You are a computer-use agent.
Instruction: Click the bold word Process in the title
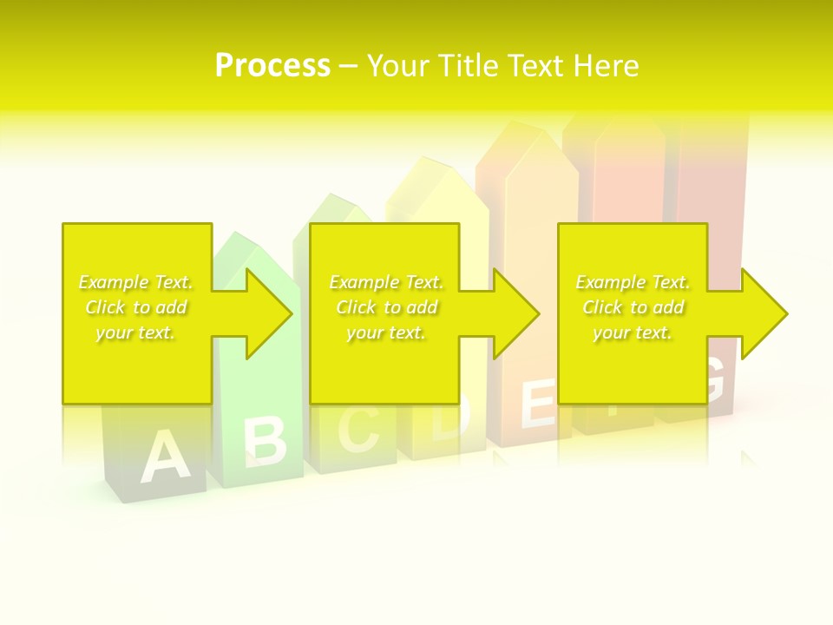pos(272,66)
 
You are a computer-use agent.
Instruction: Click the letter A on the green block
pos(164,458)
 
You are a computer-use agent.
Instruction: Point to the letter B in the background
pos(264,441)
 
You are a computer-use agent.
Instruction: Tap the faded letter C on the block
pos(357,429)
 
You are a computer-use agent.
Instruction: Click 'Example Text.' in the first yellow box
pos(135,282)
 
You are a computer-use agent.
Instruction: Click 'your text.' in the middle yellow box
pos(385,332)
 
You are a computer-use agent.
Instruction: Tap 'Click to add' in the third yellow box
pos(633,307)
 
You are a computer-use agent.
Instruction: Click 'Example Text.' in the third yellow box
pos(633,282)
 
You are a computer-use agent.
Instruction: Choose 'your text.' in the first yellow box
pos(135,332)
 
